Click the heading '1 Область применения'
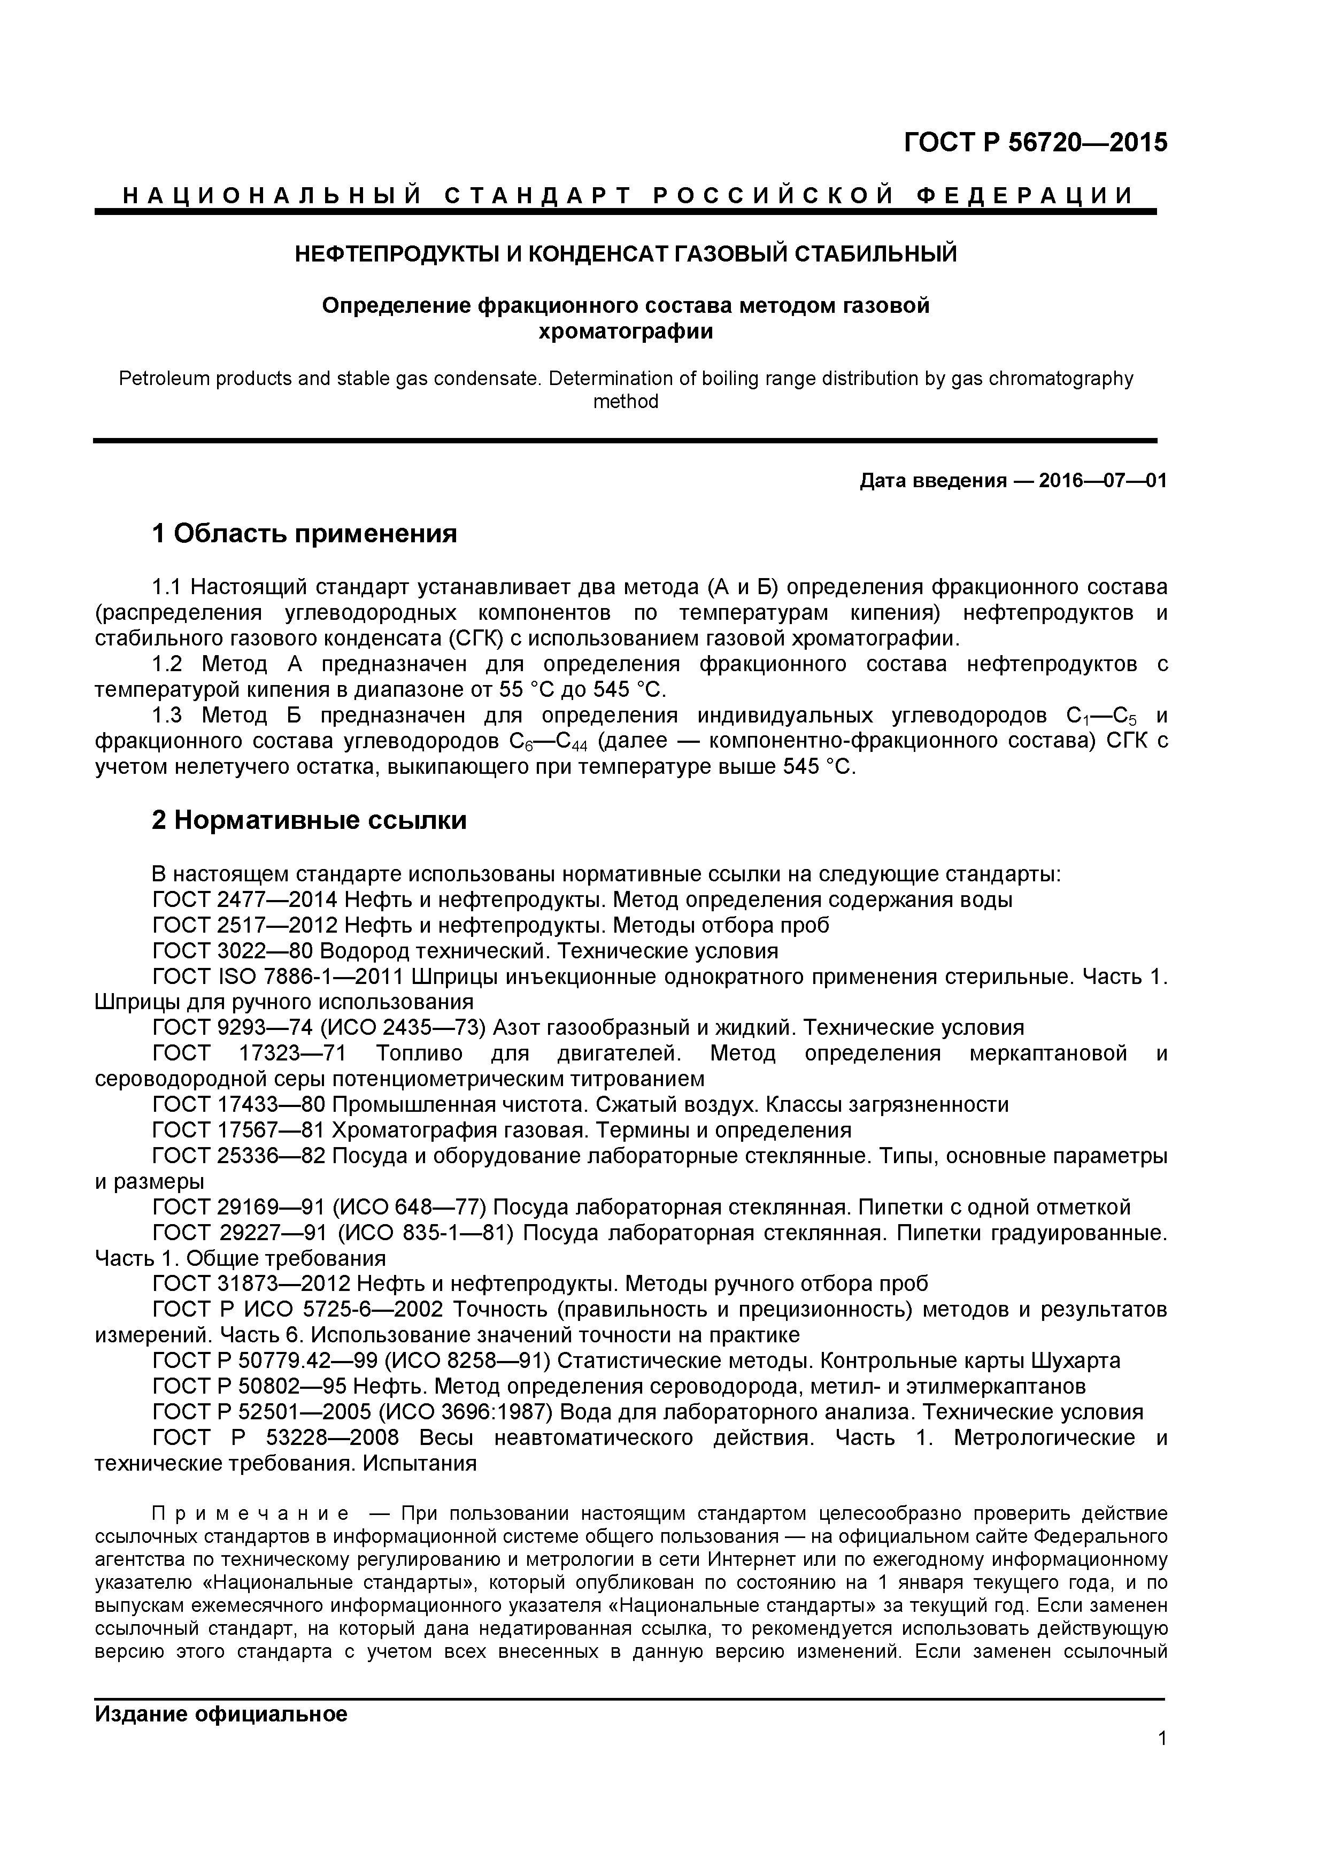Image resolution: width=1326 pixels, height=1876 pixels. pos(305,534)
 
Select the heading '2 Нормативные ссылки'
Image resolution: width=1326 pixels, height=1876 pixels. pos(310,820)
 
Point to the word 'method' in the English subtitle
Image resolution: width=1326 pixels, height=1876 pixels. pos(625,402)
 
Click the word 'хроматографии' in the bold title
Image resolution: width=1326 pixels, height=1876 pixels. pos(625,332)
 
